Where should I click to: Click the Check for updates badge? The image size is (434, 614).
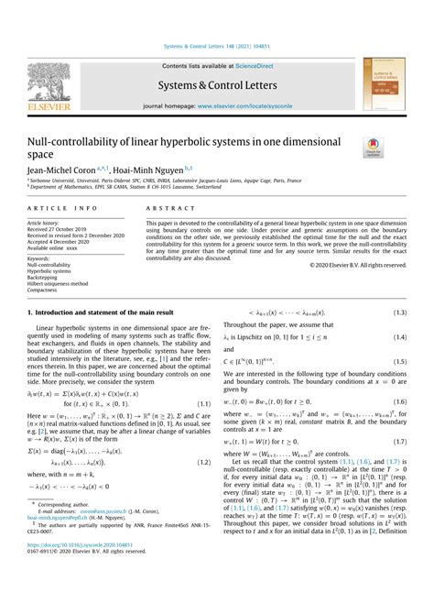point(374,147)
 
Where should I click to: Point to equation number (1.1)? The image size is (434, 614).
point(201,403)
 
